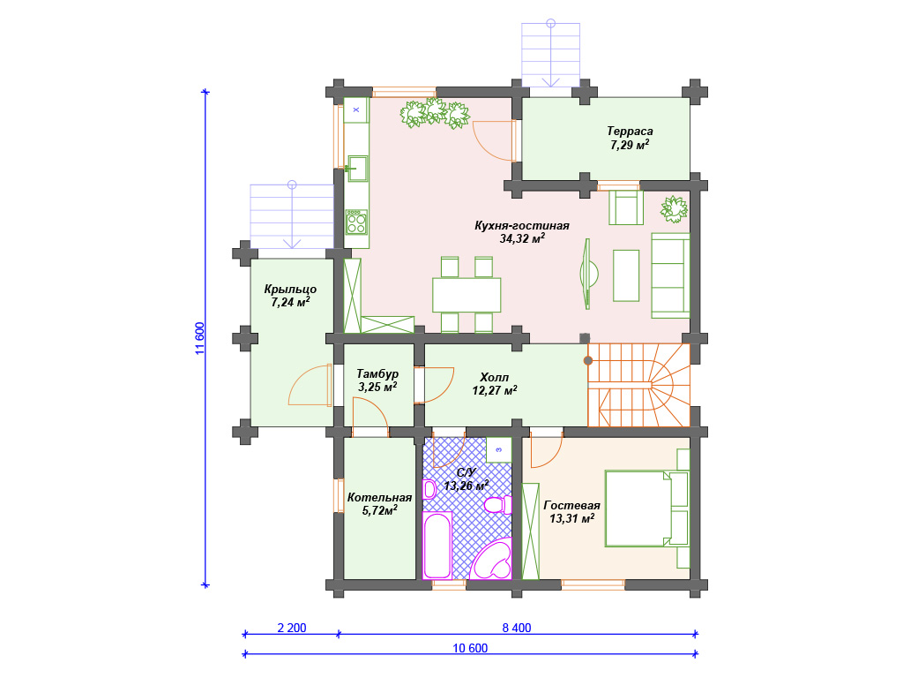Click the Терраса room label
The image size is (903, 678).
tap(630, 131)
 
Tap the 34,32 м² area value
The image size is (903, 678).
tap(522, 238)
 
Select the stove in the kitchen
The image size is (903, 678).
tap(356, 222)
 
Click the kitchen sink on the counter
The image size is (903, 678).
tap(357, 168)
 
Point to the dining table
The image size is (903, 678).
tap(466, 295)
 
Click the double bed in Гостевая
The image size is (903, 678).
tap(638, 508)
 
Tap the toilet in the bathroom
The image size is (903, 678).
tap(497, 505)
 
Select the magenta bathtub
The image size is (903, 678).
tap(437, 546)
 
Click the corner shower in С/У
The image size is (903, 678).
tap(491, 559)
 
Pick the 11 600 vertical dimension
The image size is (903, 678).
tap(199, 338)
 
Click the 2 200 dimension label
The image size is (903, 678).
tap(292, 628)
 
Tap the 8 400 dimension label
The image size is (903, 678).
tap(517, 628)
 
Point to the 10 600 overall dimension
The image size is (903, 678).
tap(470, 648)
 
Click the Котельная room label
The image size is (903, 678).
tap(379, 498)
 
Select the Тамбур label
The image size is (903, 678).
tap(377, 374)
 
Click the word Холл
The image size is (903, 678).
tap(494, 378)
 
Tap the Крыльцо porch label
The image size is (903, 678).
tap(290, 290)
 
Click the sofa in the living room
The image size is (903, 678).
tap(670, 275)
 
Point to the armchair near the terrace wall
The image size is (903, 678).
tap(626, 207)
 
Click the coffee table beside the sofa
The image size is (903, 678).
tap(626, 275)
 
